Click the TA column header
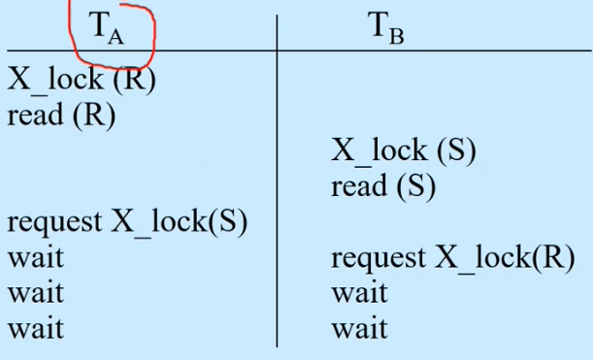coord(107,28)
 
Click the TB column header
coord(386,28)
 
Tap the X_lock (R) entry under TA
coord(82,80)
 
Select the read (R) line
coord(61,115)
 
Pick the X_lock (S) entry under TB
coord(404,150)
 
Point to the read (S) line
coord(383,185)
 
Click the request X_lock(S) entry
coord(127,221)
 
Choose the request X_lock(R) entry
coord(453,258)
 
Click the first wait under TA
coord(36,258)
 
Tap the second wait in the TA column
coord(36,293)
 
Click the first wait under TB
coord(360,293)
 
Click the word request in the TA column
coord(54,223)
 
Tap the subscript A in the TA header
coord(115,37)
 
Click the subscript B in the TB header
coord(396,37)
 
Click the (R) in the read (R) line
coord(93,115)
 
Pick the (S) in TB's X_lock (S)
coord(456,150)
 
